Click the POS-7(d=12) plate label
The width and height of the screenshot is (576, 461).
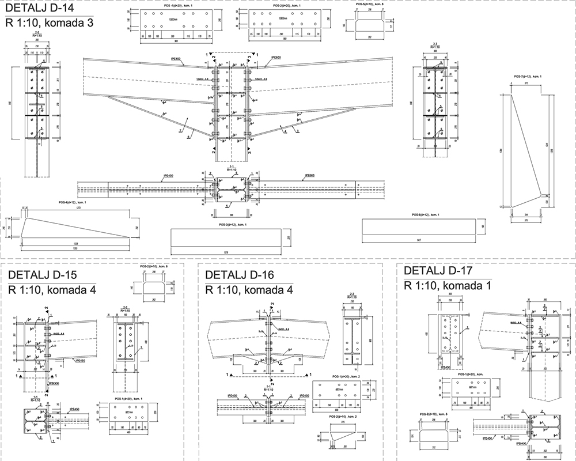(528, 77)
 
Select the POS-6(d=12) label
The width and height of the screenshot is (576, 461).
(426, 215)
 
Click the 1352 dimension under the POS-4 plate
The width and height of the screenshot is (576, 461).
(75, 248)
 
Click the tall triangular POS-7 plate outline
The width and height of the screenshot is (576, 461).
(527, 144)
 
